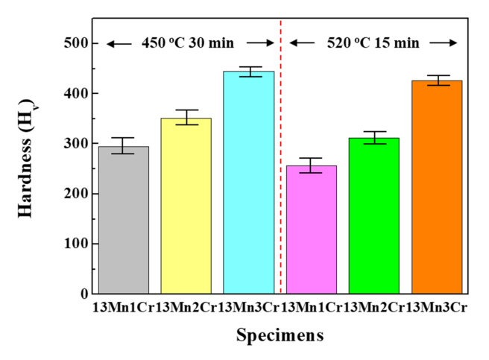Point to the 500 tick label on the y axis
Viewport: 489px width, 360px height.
(x=75, y=43)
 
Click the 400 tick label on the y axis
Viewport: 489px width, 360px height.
(x=75, y=94)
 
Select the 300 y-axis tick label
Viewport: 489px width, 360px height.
(x=75, y=144)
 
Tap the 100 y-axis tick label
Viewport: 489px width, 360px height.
(x=75, y=244)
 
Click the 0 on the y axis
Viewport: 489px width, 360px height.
(x=84, y=294)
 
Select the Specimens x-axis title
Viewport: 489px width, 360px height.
(x=280, y=335)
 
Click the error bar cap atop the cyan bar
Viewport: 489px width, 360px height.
(x=249, y=67)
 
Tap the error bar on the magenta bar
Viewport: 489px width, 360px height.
(x=312, y=165)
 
